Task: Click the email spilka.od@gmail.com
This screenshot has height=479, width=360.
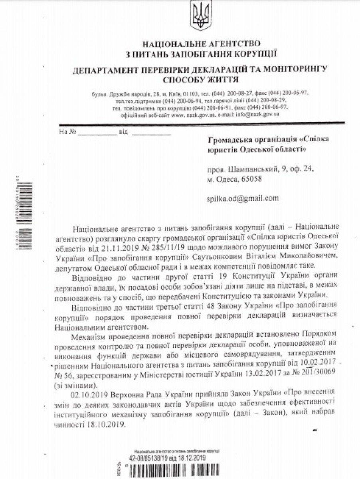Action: (243, 198)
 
